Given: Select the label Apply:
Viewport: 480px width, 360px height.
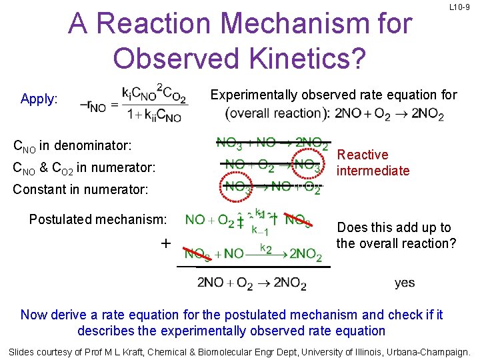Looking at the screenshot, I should (x=39, y=99).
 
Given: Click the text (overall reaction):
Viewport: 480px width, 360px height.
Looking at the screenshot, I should (x=278, y=113).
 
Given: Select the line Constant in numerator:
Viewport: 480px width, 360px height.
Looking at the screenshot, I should (x=80, y=189).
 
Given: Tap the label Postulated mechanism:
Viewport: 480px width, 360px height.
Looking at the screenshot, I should (x=98, y=219).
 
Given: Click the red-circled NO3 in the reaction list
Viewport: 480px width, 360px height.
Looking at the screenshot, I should (x=309, y=164).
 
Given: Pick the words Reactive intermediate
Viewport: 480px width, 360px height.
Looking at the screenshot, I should (x=373, y=163).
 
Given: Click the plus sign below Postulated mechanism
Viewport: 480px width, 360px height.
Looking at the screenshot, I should (x=165, y=243).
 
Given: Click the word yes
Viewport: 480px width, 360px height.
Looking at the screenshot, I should (x=405, y=283).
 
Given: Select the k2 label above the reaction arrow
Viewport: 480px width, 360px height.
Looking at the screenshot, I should (x=266, y=247).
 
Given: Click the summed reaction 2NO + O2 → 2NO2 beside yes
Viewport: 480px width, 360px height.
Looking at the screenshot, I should (x=252, y=283).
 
